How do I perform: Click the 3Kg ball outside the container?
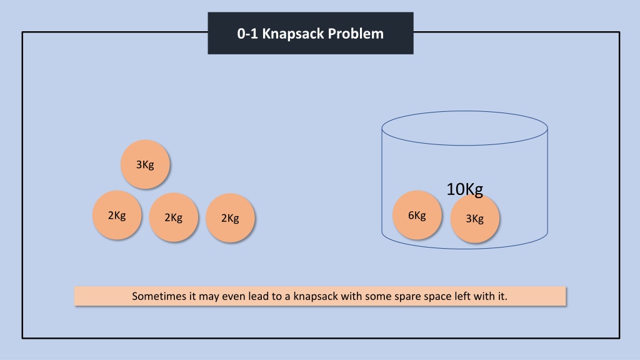tap(145, 164)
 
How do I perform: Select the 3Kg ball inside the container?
tap(475, 218)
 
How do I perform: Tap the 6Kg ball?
tap(417, 215)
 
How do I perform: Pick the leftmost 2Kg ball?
tap(117, 215)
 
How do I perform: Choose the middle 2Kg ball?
tap(174, 217)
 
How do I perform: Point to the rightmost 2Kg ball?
tap(230, 218)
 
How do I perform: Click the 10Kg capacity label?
tap(464, 189)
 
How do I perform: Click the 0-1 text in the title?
tap(247, 34)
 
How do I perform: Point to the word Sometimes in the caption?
tap(159, 296)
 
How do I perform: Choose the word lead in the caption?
tap(259, 296)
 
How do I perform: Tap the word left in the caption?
tap(462, 296)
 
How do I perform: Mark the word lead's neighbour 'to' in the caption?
tap(277, 296)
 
